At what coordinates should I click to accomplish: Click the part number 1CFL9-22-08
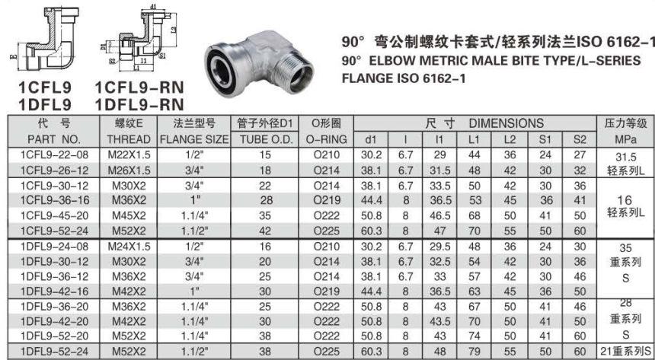click(54, 155)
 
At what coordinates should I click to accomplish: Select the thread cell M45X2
click(129, 216)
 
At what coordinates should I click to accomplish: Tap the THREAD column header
click(128, 139)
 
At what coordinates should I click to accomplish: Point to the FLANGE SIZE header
click(194, 139)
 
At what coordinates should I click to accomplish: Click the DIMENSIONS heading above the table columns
click(506, 123)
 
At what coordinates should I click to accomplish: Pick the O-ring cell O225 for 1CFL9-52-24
click(327, 231)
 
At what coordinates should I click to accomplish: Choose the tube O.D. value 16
click(265, 247)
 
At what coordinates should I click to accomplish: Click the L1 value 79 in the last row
click(474, 352)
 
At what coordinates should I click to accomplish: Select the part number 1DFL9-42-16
click(54, 292)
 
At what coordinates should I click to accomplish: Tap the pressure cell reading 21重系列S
click(625, 351)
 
